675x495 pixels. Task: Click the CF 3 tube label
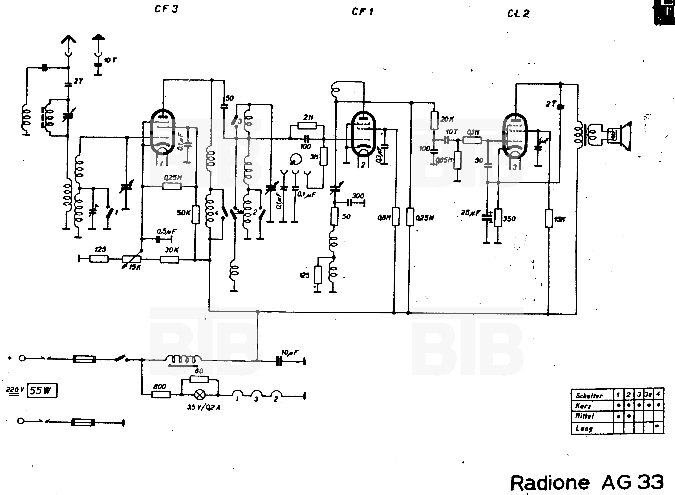(166, 9)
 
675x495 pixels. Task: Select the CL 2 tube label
(518, 14)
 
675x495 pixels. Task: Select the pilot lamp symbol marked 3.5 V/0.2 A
(200, 395)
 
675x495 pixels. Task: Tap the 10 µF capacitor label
(290, 353)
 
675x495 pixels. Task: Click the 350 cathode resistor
(498, 218)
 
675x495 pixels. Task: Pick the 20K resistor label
(447, 119)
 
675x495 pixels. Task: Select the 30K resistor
(170, 260)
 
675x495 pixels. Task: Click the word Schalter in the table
(589, 396)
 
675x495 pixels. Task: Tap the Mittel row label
(584, 416)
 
